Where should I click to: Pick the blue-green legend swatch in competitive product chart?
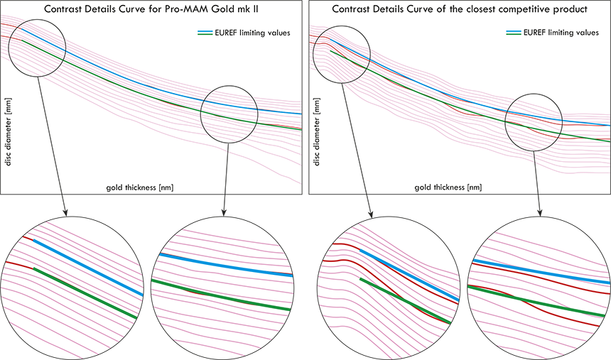click(x=513, y=33)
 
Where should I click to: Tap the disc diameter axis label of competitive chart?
click(x=316, y=135)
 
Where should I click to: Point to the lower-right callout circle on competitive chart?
click(x=534, y=121)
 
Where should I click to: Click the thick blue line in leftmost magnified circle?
click(x=85, y=266)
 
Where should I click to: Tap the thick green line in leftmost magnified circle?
click(x=85, y=292)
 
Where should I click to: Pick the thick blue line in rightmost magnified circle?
click(x=540, y=271)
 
